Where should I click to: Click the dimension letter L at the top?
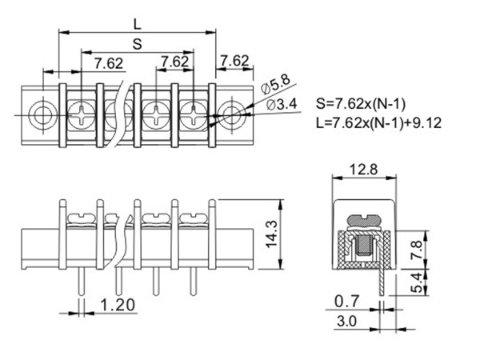coord(137,24)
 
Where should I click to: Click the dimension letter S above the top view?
coord(137,46)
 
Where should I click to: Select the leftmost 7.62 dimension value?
coord(108,62)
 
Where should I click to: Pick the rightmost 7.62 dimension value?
coord(234,61)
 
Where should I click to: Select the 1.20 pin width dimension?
coord(116,303)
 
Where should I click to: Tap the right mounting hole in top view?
coord(233,113)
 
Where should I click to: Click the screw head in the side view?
coord(362,218)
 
